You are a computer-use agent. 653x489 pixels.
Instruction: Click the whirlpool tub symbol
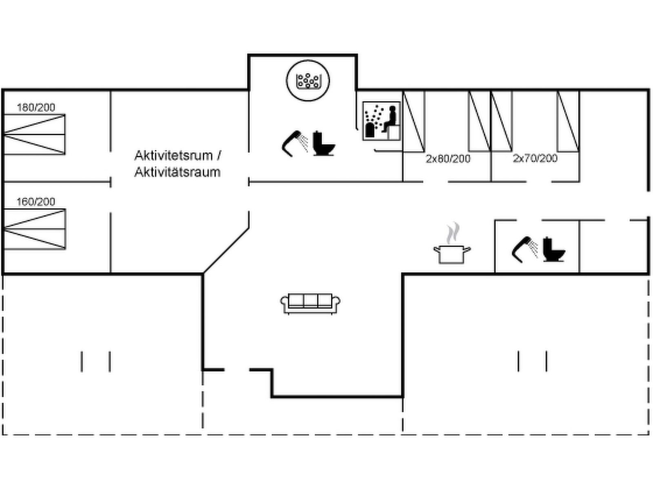tap(308, 80)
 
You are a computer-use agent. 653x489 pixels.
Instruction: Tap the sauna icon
tap(382, 121)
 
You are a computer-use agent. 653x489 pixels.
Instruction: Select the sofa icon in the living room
tap(310, 303)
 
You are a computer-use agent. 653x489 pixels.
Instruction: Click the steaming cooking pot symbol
tap(452, 253)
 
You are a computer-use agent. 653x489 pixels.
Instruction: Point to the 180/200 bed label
tap(36, 108)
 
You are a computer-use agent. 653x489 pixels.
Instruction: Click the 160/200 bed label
tap(36, 202)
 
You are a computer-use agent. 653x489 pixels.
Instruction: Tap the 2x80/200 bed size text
tap(448, 159)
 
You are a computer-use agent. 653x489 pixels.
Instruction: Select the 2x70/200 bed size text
tap(535, 158)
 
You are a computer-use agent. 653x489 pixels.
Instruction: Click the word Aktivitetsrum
tap(173, 155)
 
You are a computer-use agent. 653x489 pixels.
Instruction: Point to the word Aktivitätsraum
tap(177, 172)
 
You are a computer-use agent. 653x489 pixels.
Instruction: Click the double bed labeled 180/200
tap(35, 134)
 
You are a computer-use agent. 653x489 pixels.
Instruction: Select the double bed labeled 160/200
tap(35, 229)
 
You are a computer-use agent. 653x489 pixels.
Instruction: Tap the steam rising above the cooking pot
tap(453, 233)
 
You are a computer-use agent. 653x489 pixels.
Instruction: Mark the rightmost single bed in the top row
tap(568, 121)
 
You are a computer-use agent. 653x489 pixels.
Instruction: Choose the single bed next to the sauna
tap(414, 121)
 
